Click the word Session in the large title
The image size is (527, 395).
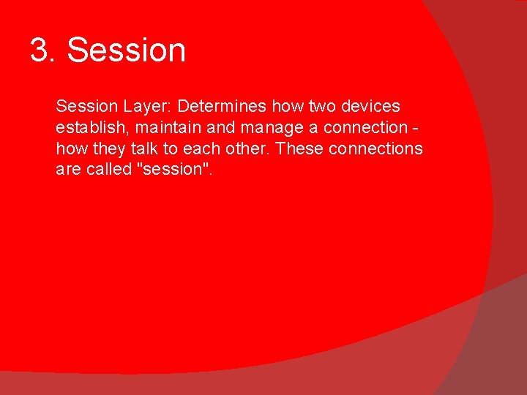tap(127, 51)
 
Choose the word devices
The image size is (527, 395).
tap(371, 106)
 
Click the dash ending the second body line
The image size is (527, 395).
tap(416, 128)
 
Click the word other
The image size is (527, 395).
tap(241, 148)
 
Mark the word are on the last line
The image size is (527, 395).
tap(68, 170)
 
